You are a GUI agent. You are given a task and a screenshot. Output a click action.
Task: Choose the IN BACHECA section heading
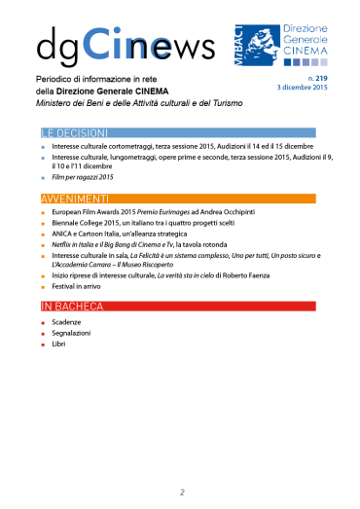click(x=74, y=307)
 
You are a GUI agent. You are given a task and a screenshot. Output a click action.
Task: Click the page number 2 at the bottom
click(x=181, y=491)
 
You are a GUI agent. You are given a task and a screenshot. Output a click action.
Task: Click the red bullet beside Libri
click(x=43, y=345)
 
